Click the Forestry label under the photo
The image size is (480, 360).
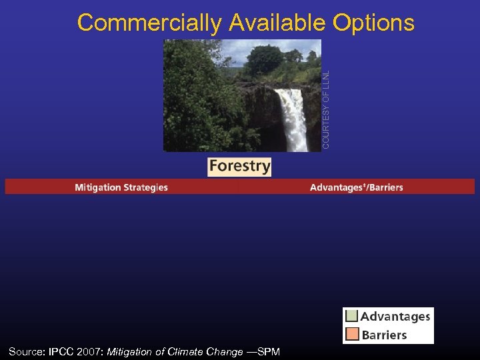(239, 166)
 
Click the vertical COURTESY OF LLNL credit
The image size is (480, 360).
(326, 100)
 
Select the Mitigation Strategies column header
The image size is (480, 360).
(121, 187)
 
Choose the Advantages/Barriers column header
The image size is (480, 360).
(357, 187)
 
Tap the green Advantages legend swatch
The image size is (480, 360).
(352, 317)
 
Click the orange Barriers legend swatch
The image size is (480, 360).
(352, 335)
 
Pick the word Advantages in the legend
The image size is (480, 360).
(395, 317)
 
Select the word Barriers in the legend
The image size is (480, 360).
(384, 335)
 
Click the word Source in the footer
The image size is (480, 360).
(26, 351)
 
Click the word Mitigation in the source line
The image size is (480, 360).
(130, 351)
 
